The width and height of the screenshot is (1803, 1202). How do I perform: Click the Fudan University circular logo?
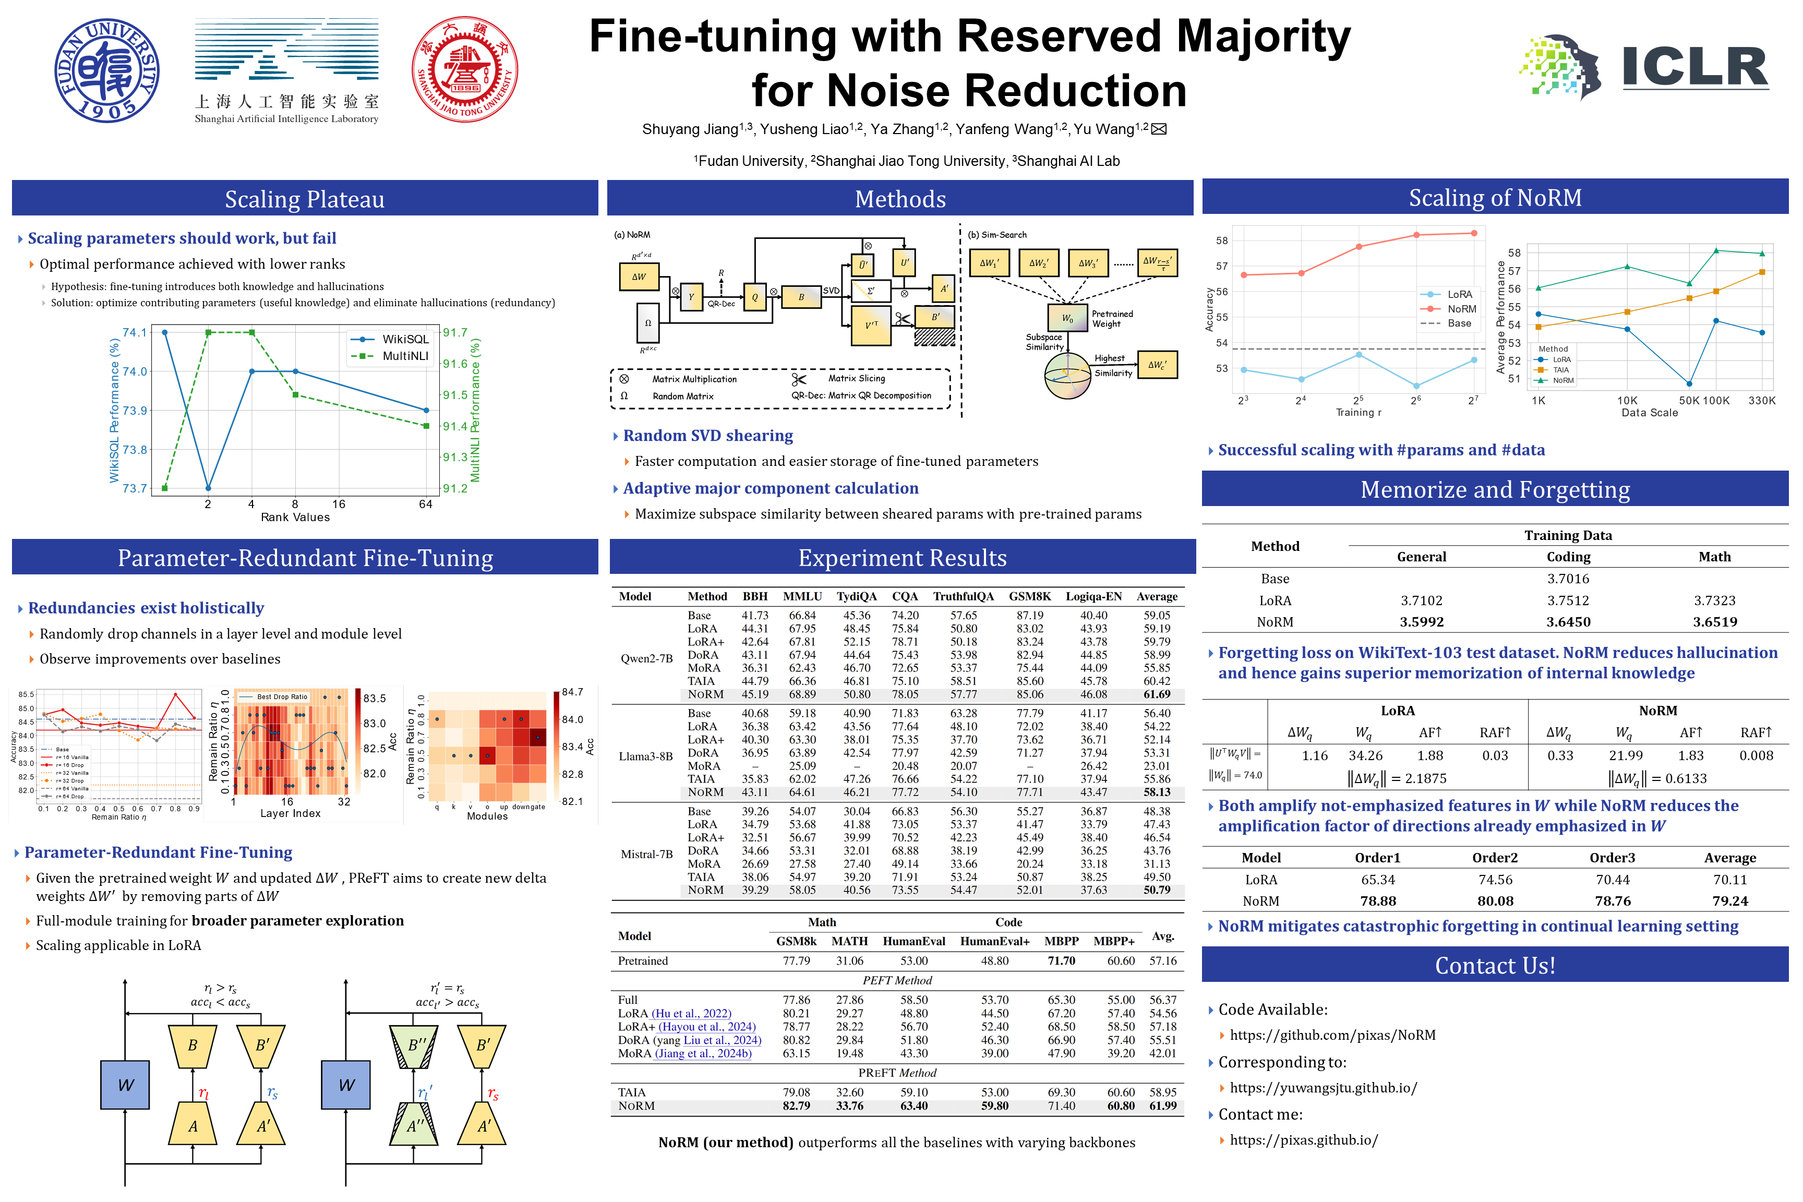pyautogui.click(x=107, y=70)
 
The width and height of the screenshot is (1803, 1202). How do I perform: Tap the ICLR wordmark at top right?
pyautogui.click(x=1695, y=67)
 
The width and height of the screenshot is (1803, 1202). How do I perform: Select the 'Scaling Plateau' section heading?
pyautogui.click(x=304, y=199)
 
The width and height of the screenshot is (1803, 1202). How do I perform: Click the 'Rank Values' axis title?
pyautogui.click(x=295, y=518)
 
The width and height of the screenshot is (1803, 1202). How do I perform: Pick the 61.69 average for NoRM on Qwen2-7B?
pyautogui.click(x=1157, y=694)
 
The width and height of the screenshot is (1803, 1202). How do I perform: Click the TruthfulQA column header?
pyautogui.click(x=963, y=596)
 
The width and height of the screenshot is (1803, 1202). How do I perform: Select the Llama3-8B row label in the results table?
pyautogui.click(x=646, y=756)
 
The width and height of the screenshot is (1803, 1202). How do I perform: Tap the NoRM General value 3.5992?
pyautogui.click(x=1421, y=622)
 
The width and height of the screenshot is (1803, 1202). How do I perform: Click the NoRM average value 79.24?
pyautogui.click(x=1730, y=901)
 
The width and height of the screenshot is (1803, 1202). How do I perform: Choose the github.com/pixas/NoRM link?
pyautogui.click(x=1332, y=1036)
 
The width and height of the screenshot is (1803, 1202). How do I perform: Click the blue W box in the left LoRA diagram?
pyautogui.click(x=126, y=1086)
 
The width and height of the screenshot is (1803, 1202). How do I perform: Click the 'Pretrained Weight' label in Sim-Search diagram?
pyautogui.click(x=1112, y=319)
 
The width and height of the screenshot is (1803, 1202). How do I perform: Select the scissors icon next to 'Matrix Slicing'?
pyautogui.click(x=799, y=379)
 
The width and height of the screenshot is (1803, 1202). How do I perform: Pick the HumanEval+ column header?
pyautogui.click(x=994, y=941)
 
